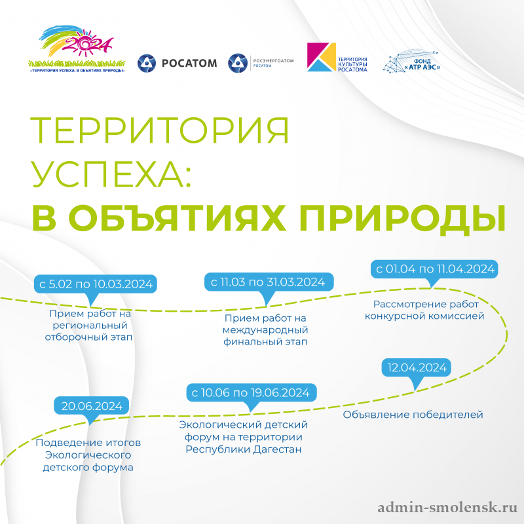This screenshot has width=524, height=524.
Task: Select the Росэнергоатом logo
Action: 260,63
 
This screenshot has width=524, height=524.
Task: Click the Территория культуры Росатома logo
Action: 337,58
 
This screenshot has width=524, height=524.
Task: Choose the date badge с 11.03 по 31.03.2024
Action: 267,282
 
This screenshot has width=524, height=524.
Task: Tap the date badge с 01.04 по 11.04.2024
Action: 434,269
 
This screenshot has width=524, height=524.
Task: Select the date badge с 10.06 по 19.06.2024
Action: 249,393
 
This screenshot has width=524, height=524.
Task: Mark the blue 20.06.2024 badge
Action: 91,405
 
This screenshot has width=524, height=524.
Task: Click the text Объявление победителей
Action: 413,415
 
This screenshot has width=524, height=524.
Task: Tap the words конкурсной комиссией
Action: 428,316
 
